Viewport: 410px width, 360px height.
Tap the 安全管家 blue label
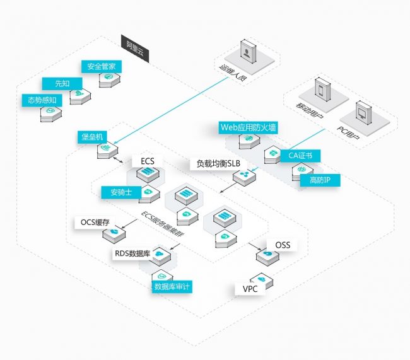100,67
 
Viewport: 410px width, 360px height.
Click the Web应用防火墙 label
248,127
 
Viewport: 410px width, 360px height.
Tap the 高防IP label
324,180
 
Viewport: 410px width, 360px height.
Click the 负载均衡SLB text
218,164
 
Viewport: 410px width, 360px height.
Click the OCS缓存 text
95,223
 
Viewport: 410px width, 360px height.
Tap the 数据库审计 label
172,286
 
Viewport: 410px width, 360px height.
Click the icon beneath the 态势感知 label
50,114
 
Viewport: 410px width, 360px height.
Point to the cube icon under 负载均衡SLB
243,177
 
